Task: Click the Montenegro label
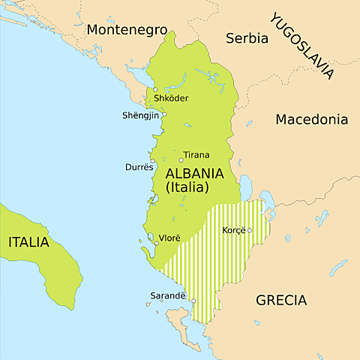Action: point(126,30)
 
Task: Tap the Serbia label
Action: point(247,37)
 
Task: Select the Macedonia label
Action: point(311,119)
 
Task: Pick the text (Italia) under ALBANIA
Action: point(186,187)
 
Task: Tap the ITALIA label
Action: point(28,242)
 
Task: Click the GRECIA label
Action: point(281,301)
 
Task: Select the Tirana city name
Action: point(196,155)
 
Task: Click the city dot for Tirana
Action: point(181,160)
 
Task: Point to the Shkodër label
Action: point(170,98)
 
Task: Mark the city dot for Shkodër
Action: point(155,90)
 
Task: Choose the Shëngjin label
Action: point(141,115)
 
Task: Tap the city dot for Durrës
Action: point(152,160)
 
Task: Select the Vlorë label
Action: point(169,238)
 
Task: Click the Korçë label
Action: point(234,230)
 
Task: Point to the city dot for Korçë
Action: point(250,230)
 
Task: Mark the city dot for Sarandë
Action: point(193,301)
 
